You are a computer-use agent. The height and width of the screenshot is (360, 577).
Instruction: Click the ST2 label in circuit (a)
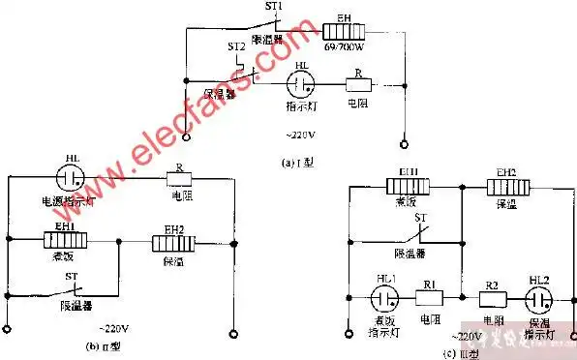(236, 46)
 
